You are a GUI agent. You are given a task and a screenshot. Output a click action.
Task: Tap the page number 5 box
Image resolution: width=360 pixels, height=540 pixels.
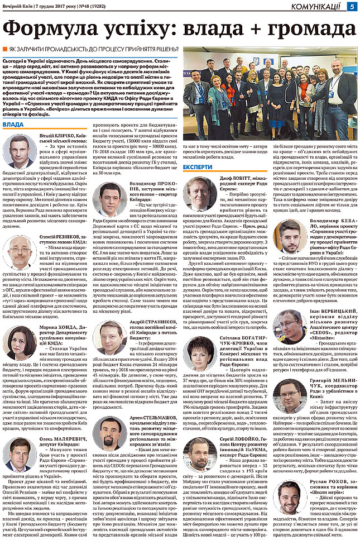click(352, 6)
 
